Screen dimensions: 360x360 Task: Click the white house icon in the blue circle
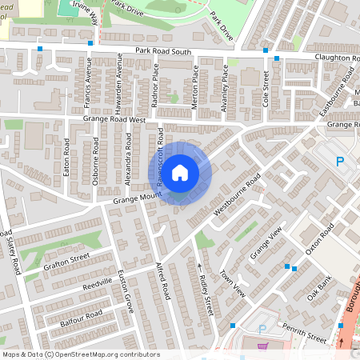click(x=180, y=171)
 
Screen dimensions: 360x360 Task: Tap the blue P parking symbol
click(x=339, y=162)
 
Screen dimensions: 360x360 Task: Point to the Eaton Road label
click(x=67, y=158)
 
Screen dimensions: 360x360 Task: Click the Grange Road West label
click(x=117, y=120)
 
